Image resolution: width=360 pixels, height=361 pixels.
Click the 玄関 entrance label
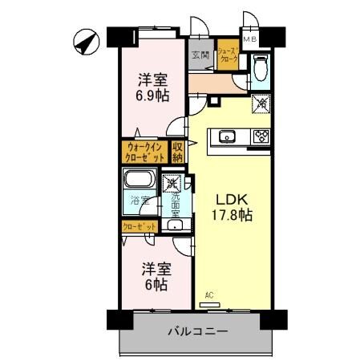pyautogui.click(x=200, y=56)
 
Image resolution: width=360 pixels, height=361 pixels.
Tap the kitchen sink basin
pyautogui.click(x=227, y=136)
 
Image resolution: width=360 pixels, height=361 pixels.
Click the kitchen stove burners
pyautogui.click(x=261, y=136)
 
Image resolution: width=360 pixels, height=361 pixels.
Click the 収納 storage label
pyautogui.click(x=178, y=152)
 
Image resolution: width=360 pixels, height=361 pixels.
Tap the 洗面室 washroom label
pyautogui.click(x=175, y=205)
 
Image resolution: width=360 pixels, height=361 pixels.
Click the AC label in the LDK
pyautogui.click(x=209, y=295)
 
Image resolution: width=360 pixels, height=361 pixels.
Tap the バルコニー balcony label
pyautogui.click(x=198, y=331)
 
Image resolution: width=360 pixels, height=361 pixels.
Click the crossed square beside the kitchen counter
pyautogui.click(x=261, y=103)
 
